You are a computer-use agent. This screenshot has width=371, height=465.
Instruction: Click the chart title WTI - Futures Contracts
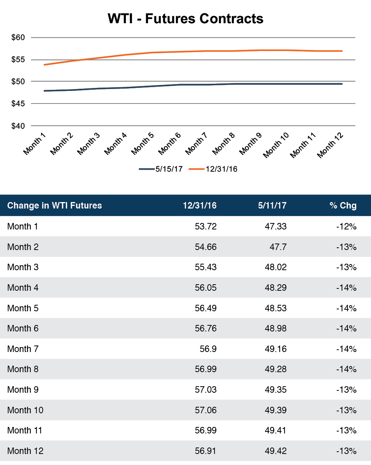pyautogui.click(x=185, y=18)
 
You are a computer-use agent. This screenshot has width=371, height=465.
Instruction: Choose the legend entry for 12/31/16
pyautogui.click(x=213, y=169)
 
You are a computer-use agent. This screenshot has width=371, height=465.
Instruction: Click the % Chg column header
pyautogui.click(x=343, y=206)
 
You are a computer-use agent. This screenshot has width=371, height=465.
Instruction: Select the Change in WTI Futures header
pyautogui.click(x=54, y=206)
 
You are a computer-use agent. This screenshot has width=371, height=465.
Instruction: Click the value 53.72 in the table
pyautogui.click(x=205, y=227)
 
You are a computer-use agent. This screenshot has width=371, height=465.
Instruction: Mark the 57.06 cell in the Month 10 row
pyautogui.click(x=205, y=410)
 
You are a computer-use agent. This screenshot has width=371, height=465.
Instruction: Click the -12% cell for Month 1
pyautogui.click(x=346, y=227)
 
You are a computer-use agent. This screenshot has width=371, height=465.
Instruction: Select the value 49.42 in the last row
pyautogui.click(x=275, y=451)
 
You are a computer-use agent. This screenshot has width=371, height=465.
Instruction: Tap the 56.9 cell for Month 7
pyautogui.click(x=209, y=349)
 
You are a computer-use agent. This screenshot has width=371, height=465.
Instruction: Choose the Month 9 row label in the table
pyautogui.click(x=23, y=390)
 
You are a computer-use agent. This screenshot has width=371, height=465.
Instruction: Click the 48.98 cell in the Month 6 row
pyautogui.click(x=275, y=328)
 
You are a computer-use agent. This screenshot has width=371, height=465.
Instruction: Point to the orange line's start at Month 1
pyautogui.click(x=45, y=65)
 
